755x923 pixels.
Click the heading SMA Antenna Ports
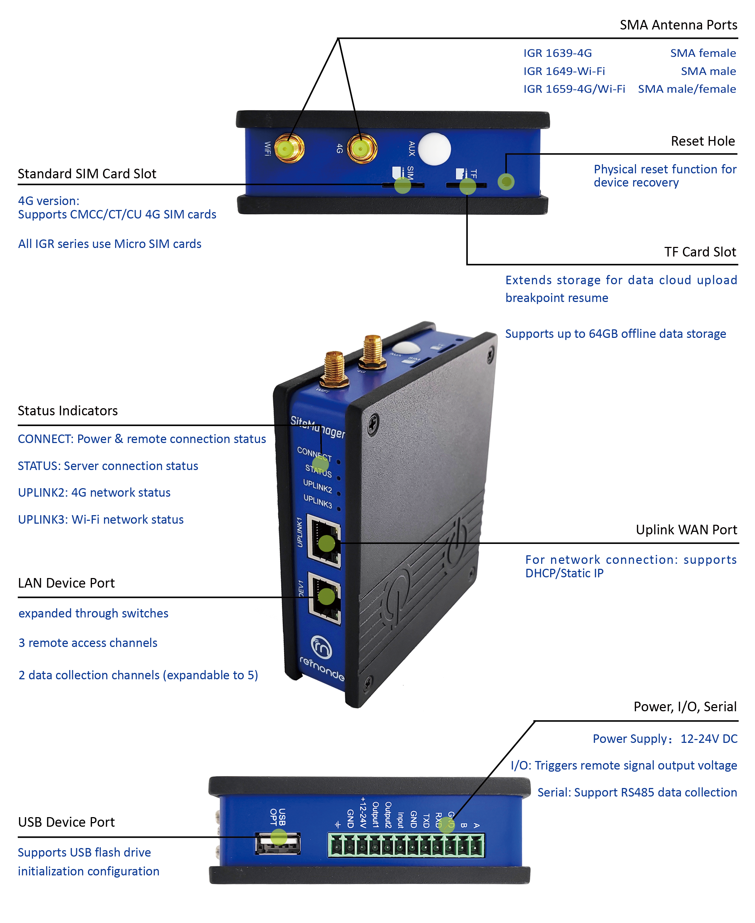[x=678, y=25]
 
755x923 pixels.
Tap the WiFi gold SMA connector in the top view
[x=289, y=149]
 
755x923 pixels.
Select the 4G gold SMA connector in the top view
[x=362, y=149]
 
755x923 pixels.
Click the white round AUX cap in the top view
[x=434, y=149]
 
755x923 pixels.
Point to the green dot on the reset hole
[x=506, y=182]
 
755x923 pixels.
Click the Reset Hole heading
[x=703, y=141]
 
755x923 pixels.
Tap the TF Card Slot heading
[x=700, y=252]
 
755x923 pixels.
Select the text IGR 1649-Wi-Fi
[x=564, y=71]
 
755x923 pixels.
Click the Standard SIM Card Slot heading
[x=87, y=174]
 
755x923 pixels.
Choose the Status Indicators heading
[x=68, y=411]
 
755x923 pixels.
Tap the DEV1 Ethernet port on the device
[x=325, y=598]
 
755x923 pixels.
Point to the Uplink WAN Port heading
[x=686, y=529]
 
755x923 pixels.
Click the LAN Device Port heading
[x=66, y=583]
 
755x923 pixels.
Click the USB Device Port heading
[x=66, y=822]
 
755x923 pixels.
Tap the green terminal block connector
[x=406, y=845]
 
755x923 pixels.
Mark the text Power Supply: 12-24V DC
[x=665, y=739]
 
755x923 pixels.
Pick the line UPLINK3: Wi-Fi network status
[x=101, y=519]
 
